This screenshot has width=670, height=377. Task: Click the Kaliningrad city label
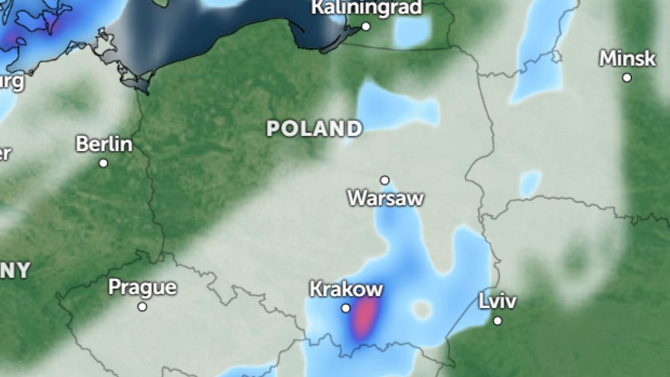pyautogui.click(x=367, y=8)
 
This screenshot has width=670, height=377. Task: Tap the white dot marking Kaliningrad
pyautogui.click(x=366, y=26)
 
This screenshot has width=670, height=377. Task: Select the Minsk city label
pyautogui.click(x=627, y=58)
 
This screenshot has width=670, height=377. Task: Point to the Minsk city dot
pyautogui.click(x=627, y=78)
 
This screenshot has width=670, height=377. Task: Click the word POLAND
pyautogui.click(x=314, y=129)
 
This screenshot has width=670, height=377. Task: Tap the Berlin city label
pyautogui.click(x=104, y=144)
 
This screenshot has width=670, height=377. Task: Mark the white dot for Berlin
pyautogui.click(x=103, y=163)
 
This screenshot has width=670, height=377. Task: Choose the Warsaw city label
pyautogui.click(x=385, y=198)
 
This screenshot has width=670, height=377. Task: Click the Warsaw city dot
pyautogui.click(x=385, y=180)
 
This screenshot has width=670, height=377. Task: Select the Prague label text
pyautogui.click(x=142, y=288)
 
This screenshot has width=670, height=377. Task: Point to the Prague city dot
pyautogui.click(x=142, y=307)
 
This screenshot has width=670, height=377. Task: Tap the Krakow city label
pyautogui.click(x=346, y=289)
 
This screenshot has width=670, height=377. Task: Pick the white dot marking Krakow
pyautogui.click(x=346, y=308)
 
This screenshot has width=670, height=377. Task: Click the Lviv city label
pyautogui.click(x=497, y=302)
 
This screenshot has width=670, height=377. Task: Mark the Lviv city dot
pyautogui.click(x=497, y=321)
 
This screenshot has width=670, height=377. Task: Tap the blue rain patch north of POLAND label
pyautogui.click(x=391, y=109)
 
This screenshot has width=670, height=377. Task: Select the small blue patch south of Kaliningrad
pyautogui.click(x=413, y=31)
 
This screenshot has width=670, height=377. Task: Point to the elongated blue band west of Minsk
pyautogui.click(x=539, y=56)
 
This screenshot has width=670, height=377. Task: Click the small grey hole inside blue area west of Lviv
pyautogui.click(x=422, y=309)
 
